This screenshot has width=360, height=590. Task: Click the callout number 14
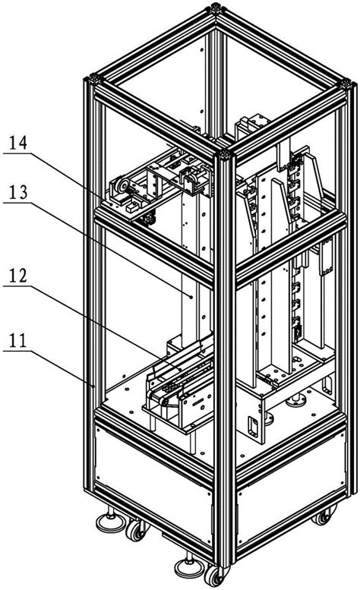point(18,144)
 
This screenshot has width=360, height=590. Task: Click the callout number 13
point(18,193)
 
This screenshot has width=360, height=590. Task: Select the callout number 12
point(18,276)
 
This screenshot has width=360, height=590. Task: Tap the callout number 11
point(18,341)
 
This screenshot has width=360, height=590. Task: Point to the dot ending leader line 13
point(191,297)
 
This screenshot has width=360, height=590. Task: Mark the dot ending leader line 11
point(93,385)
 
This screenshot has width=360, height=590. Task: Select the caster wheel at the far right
point(324,516)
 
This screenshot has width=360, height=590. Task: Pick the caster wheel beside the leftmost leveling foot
point(136,532)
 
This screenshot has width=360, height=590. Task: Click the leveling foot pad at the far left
point(111,523)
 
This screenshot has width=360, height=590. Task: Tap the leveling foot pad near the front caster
point(189,568)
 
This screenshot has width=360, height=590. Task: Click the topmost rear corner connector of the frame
point(216,8)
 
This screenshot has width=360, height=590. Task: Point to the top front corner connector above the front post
point(225,155)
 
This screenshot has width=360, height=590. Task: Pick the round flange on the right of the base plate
point(297,402)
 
